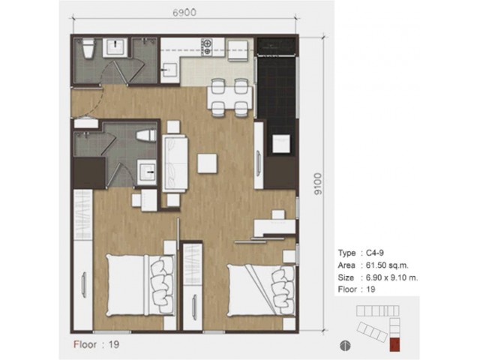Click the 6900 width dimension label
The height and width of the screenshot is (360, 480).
click(x=184, y=13)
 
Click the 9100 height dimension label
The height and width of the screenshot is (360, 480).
click(x=318, y=184)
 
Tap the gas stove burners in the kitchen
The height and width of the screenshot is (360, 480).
click(x=207, y=46)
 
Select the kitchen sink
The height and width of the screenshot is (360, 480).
click(x=169, y=70)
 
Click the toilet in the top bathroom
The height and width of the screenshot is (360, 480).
click(x=88, y=48)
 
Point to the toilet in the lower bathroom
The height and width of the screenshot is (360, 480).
click(x=146, y=136)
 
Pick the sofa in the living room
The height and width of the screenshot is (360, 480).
click(x=175, y=163)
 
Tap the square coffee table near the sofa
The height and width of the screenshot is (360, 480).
click(x=207, y=163)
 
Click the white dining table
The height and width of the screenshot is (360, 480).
click(x=229, y=97)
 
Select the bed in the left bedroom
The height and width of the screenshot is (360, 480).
click(x=140, y=285)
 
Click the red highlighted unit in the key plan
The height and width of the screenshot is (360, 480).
click(x=394, y=345)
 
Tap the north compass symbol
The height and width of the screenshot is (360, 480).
click(x=345, y=346)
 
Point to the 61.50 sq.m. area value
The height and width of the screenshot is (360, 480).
click(x=387, y=265)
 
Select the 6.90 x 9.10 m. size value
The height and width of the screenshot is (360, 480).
click(x=391, y=277)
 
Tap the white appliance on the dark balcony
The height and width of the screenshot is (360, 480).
click(x=281, y=143)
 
